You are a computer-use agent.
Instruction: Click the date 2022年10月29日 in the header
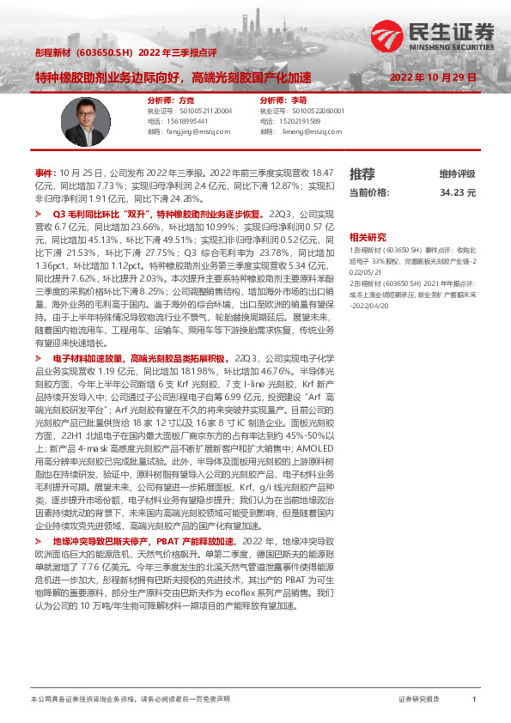pyautogui.click(x=433, y=76)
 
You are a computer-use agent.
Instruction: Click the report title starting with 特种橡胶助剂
pyautogui.click(x=173, y=76)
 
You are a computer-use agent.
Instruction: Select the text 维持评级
pyautogui.click(x=457, y=174)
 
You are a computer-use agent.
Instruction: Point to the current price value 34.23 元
pyautogui.click(x=457, y=193)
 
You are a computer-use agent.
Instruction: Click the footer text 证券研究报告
pyautogui.click(x=419, y=700)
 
